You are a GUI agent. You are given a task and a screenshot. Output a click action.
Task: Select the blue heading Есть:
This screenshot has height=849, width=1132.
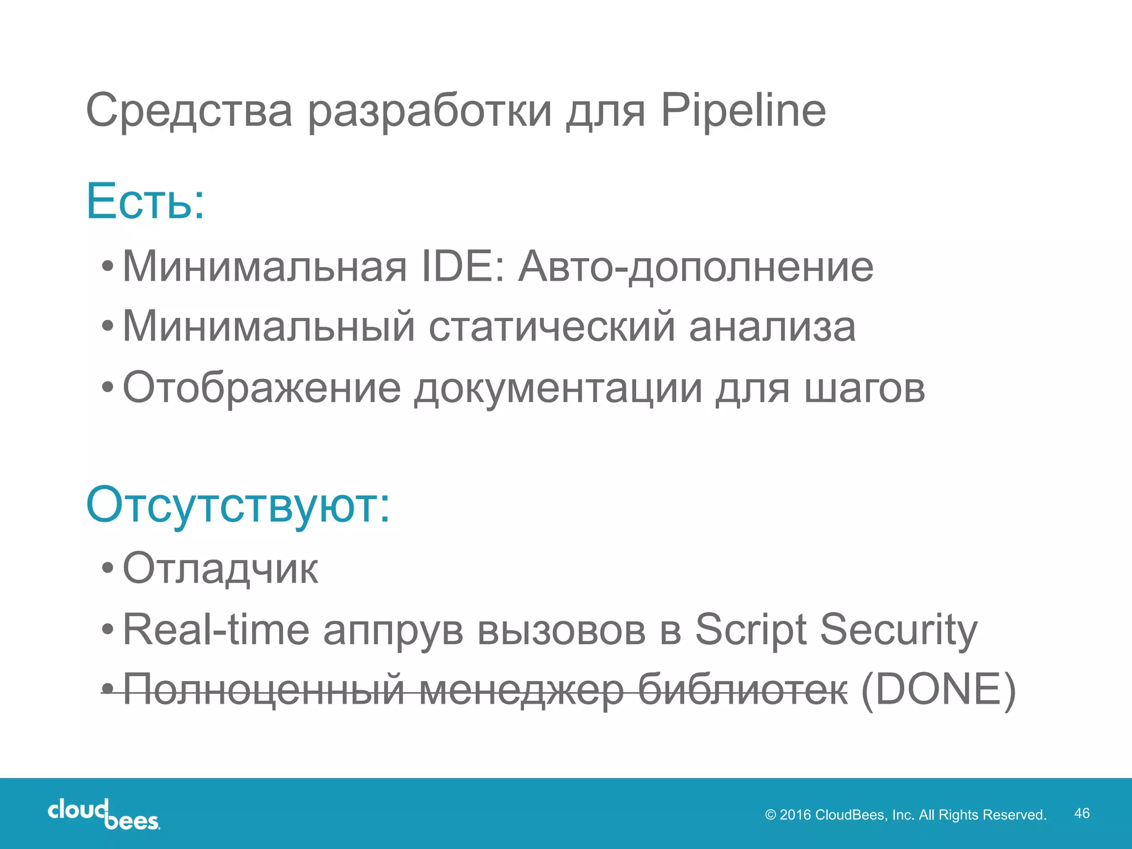pyautogui.click(x=145, y=201)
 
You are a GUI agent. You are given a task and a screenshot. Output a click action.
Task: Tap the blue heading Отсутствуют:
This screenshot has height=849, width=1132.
pyautogui.click(x=238, y=505)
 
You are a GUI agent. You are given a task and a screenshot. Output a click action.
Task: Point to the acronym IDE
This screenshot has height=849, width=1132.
pyautogui.click(x=463, y=266)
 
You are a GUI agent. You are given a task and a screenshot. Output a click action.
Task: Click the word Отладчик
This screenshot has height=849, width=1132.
pyautogui.click(x=220, y=568)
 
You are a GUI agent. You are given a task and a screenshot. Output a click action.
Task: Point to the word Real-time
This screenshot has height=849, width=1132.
pyautogui.click(x=216, y=629)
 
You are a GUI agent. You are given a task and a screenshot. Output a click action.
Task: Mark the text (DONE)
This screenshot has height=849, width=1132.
pyautogui.click(x=939, y=690)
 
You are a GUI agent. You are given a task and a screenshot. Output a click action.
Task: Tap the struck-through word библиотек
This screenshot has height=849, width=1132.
pyautogui.click(x=742, y=690)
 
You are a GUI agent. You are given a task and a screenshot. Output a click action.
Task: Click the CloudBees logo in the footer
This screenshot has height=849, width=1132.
pyautogui.click(x=103, y=814)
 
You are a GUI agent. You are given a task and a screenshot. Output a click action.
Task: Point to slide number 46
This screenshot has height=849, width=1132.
pyautogui.click(x=1082, y=813)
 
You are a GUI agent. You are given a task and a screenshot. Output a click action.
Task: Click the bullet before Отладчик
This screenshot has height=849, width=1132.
pyautogui.click(x=108, y=568)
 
